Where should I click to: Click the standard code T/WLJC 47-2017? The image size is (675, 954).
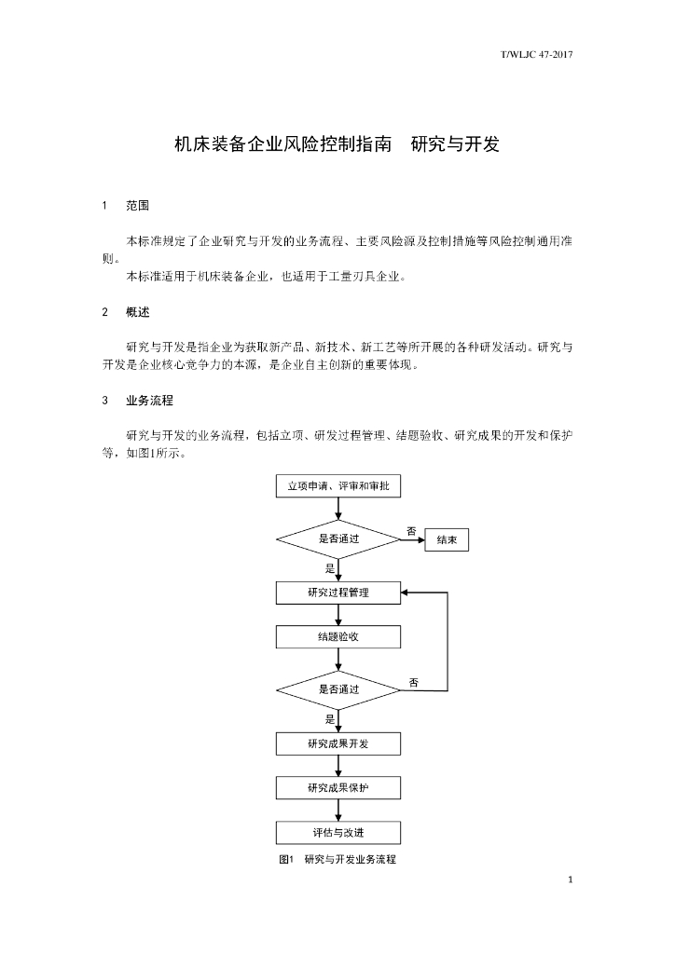(536, 55)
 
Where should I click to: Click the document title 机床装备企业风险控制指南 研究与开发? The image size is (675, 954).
(337, 145)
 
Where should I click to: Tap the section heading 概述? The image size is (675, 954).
(138, 312)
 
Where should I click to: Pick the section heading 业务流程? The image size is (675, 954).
(149, 402)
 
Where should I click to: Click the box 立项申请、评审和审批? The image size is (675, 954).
(338, 485)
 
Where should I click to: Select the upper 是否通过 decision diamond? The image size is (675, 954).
(338, 538)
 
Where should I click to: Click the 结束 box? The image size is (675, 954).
(447, 540)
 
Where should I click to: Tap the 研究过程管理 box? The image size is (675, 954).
(338, 593)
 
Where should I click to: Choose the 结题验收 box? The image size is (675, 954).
(338, 637)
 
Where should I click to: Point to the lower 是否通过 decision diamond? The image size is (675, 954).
(338, 689)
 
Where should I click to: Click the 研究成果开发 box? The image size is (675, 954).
(338, 743)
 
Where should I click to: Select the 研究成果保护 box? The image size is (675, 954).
(338, 788)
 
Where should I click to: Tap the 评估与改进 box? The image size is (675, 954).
(338, 832)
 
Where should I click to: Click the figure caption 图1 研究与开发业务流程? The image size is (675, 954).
(337, 860)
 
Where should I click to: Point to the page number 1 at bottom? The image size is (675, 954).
(570, 879)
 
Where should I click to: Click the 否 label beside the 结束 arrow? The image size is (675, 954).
(411, 531)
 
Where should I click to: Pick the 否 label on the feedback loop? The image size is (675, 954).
(414, 683)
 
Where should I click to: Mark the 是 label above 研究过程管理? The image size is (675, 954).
(330, 567)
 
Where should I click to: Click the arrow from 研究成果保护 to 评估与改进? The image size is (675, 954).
(338, 811)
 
